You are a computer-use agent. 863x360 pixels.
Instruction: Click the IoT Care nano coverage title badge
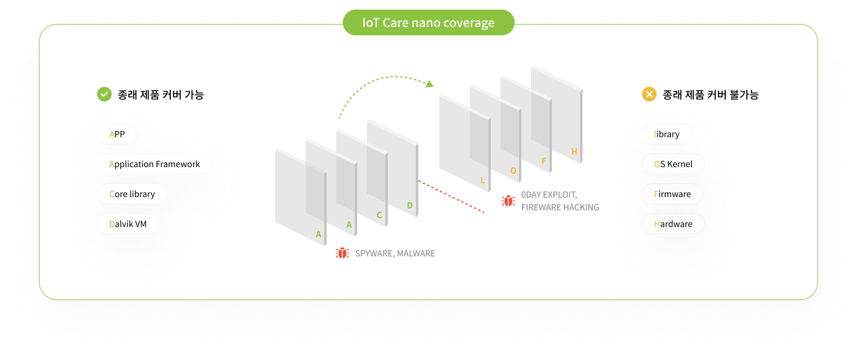pyautogui.click(x=429, y=23)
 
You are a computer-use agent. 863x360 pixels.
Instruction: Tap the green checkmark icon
pyautogui.click(x=104, y=94)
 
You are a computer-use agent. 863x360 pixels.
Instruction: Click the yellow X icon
pyautogui.click(x=649, y=94)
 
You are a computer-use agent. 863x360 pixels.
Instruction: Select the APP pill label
pyautogui.click(x=117, y=134)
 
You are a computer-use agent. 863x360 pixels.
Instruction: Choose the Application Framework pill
pyautogui.click(x=155, y=164)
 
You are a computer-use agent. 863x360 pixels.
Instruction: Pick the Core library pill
pyautogui.click(x=132, y=194)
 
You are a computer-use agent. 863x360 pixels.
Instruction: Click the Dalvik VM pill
pyautogui.click(x=128, y=224)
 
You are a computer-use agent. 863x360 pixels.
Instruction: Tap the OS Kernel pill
pyautogui.click(x=673, y=164)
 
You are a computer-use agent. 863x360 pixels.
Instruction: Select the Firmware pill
pyautogui.click(x=672, y=194)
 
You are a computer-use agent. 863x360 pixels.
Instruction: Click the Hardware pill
pyautogui.click(x=673, y=224)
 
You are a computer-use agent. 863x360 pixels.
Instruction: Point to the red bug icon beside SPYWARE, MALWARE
pyautogui.click(x=342, y=253)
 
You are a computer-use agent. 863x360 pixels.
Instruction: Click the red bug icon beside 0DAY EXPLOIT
pyautogui.click(x=508, y=201)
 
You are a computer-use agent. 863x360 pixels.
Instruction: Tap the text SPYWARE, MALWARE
pyautogui.click(x=395, y=253)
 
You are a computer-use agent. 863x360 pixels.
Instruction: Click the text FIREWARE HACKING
pyautogui.click(x=560, y=207)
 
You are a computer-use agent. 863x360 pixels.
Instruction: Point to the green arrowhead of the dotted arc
pyautogui.click(x=430, y=84)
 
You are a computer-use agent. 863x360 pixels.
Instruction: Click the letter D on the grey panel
pyautogui.click(x=410, y=205)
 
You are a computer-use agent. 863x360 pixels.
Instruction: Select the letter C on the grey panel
pyautogui.click(x=379, y=215)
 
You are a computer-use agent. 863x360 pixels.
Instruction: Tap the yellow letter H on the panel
pyautogui.click(x=574, y=152)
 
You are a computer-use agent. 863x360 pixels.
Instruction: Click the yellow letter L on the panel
pyautogui.click(x=482, y=180)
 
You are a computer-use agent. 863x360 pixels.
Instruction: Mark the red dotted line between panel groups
pyautogui.click(x=451, y=196)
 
